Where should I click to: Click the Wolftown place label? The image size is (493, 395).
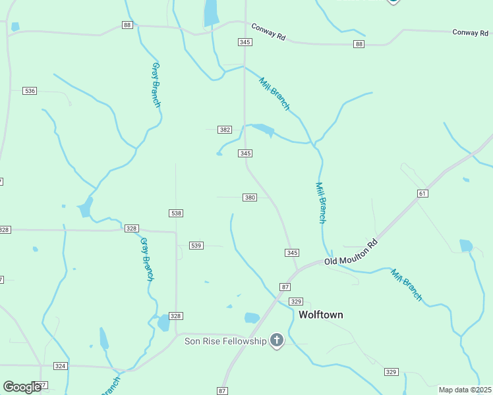(x=321, y=315)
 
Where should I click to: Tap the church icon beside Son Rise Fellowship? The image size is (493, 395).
(x=277, y=340)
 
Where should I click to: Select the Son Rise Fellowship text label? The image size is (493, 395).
(x=225, y=340)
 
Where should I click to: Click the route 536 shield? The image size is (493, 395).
(x=29, y=90)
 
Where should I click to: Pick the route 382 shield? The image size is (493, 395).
(x=225, y=130)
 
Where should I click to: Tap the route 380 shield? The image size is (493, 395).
(x=250, y=197)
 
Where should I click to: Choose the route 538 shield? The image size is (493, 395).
(x=176, y=213)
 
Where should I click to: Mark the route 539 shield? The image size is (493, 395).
(x=196, y=245)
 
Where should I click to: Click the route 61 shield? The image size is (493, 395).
(x=422, y=193)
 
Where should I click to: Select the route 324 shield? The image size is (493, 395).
(x=60, y=365)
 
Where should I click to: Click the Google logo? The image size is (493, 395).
(x=22, y=387)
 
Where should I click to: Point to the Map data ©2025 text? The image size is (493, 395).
(x=465, y=390)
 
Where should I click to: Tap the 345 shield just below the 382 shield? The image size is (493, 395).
(x=245, y=153)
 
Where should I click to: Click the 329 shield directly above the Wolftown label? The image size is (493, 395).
(x=296, y=301)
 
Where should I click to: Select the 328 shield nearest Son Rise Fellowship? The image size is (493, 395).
(x=175, y=316)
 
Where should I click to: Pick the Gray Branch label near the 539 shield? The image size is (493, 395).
(x=146, y=259)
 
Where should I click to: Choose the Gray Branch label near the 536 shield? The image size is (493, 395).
(x=156, y=85)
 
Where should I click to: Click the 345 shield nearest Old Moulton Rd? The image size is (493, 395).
(x=292, y=253)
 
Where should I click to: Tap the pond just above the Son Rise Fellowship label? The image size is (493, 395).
(x=252, y=318)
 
